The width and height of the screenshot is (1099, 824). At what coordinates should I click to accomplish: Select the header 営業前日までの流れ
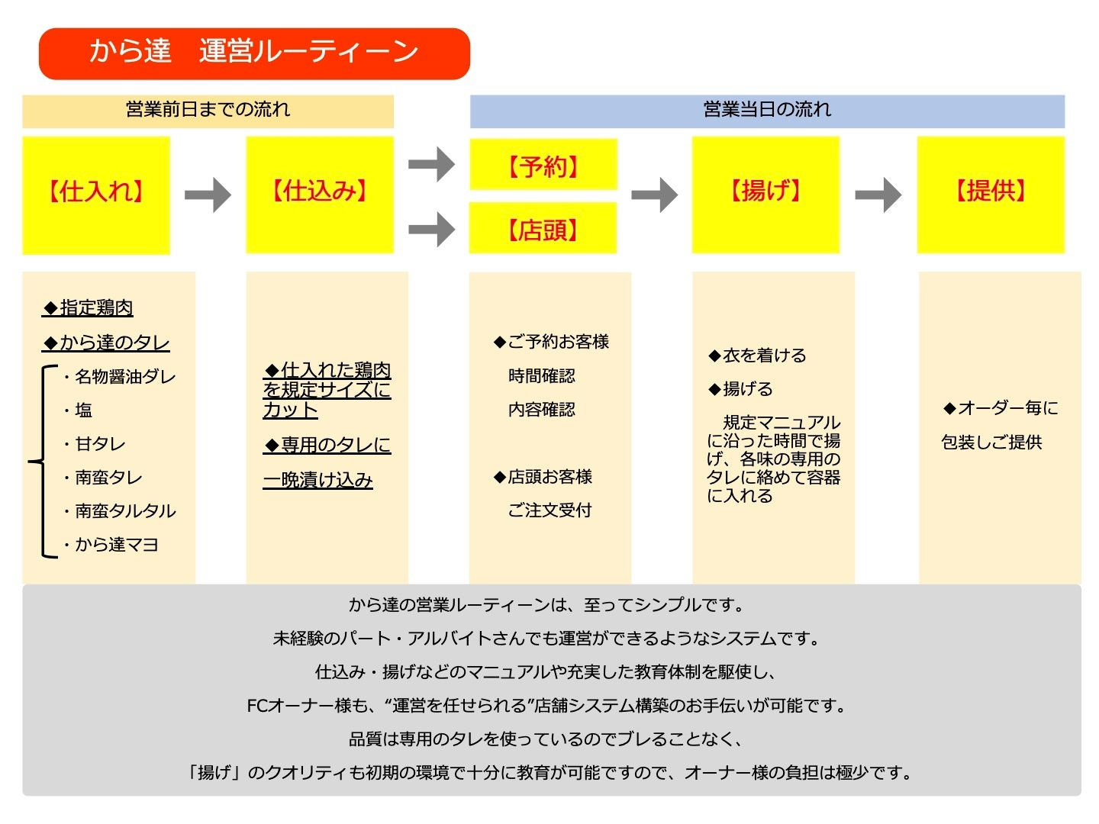208,111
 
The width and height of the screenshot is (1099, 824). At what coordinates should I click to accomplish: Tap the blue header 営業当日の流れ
767,111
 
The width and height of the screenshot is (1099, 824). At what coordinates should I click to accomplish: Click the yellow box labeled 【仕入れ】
96,195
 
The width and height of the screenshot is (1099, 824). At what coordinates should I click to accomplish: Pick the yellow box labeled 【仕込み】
320,195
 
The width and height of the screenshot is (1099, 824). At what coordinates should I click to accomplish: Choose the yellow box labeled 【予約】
543,165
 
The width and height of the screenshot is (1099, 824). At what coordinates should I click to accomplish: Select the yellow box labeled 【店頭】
543,228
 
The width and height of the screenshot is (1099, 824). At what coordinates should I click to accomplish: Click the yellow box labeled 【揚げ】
765,195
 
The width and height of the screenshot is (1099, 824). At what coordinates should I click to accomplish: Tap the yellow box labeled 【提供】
991,195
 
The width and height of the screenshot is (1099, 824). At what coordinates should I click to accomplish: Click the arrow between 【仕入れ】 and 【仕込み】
208,195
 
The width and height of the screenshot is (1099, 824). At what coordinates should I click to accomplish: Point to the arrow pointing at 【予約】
432,164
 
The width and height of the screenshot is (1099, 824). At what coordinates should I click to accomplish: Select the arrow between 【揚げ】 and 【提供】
878,195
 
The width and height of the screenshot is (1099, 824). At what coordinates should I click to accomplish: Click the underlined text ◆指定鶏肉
89,307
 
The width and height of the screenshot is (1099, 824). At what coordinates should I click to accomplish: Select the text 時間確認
542,376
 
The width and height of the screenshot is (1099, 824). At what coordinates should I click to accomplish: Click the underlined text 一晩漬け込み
318,480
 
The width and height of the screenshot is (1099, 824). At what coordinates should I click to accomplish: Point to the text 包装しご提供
991,443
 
